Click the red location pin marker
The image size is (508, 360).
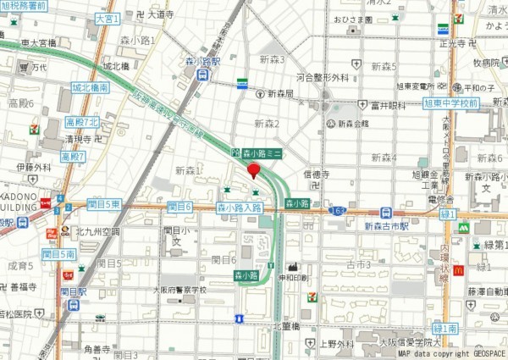[x=252, y=171]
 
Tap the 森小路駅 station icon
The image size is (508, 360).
[x=203, y=75]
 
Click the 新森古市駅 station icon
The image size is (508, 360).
[x=386, y=213]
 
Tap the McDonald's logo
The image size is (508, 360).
[x=458, y=270]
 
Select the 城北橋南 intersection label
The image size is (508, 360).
[x=90, y=87]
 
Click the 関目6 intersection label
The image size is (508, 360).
[x=179, y=207]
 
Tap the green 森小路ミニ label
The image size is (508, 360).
[x=262, y=152]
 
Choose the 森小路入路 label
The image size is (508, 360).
[x=240, y=207]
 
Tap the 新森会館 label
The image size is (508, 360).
[x=353, y=124]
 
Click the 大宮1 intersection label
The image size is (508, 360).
[x=107, y=17]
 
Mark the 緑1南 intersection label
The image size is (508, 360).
[x=445, y=328]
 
